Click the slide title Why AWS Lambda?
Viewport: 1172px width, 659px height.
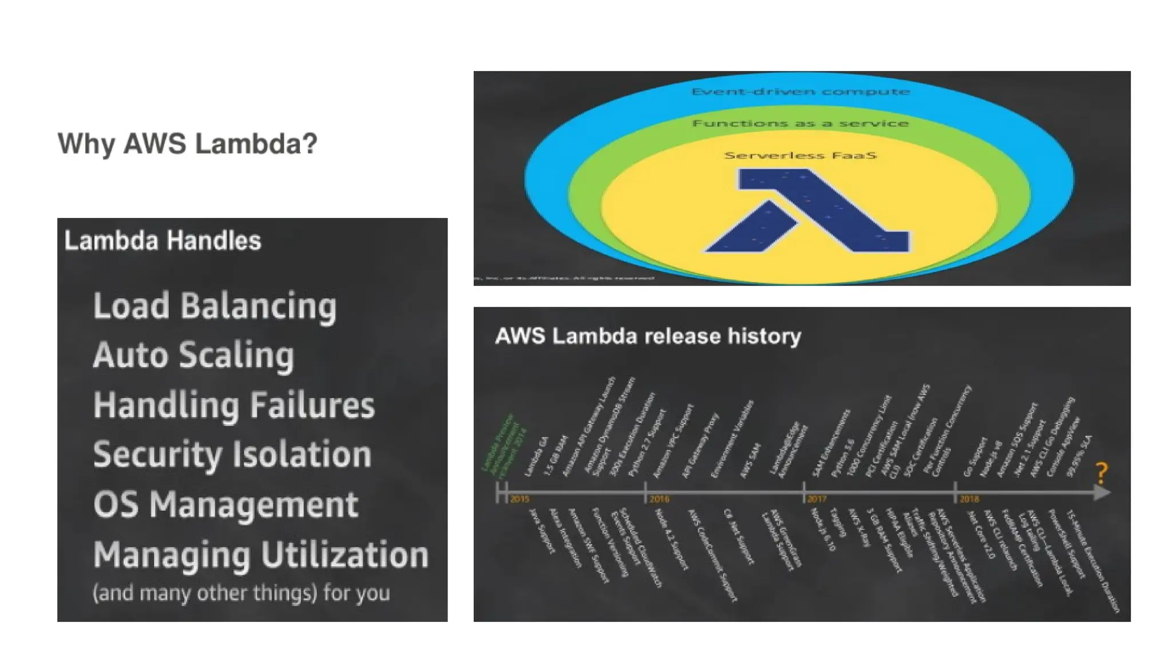[x=187, y=143]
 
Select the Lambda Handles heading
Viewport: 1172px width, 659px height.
[x=163, y=241]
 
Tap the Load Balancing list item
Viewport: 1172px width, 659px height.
[x=215, y=305]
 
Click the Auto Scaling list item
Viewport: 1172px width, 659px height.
[x=193, y=355]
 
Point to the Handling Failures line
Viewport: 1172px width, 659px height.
[x=233, y=405]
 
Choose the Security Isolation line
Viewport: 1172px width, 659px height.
[x=232, y=455]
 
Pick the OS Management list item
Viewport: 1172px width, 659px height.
[x=225, y=505]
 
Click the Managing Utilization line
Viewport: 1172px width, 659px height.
[x=260, y=554]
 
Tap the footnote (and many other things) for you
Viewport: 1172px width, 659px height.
[x=241, y=593]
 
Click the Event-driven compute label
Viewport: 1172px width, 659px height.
[x=800, y=92]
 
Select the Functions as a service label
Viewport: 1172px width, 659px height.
[x=800, y=124]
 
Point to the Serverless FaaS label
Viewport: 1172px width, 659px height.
[x=800, y=155]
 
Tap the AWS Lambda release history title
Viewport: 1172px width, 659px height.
[x=648, y=336]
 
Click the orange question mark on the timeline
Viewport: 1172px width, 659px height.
[x=1102, y=473]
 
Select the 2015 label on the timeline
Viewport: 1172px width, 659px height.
[x=520, y=499]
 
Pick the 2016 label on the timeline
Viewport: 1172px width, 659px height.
[x=659, y=499]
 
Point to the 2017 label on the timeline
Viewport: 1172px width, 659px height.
[x=817, y=499]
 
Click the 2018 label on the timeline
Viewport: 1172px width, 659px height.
[x=969, y=499]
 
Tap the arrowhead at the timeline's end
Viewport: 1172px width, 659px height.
[x=1102, y=492]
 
